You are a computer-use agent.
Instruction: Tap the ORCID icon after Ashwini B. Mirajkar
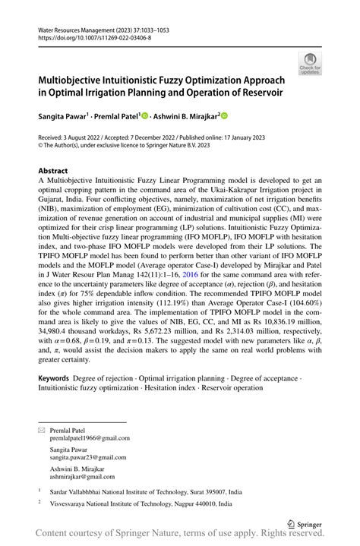[224, 116]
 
